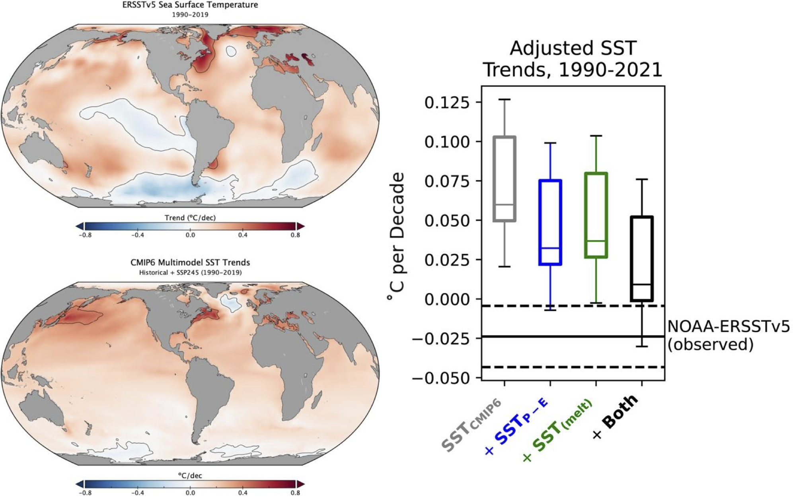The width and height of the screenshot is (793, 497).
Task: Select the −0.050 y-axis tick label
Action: [x=441, y=378]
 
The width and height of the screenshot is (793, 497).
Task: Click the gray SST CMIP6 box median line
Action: [x=505, y=204]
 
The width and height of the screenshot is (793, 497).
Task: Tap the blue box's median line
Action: [x=550, y=248]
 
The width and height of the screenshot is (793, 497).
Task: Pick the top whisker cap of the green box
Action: [x=596, y=136]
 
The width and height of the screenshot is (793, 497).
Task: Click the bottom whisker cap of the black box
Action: [x=642, y=346]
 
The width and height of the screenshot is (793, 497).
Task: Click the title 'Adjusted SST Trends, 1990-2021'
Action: [x=573, y=59]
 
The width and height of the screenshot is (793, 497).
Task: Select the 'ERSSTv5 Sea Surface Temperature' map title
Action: [x=190, y=5]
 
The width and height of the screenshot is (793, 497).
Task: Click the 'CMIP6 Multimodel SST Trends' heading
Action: [x=190, y=262]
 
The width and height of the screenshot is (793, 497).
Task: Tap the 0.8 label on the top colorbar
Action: [x=295, y=235]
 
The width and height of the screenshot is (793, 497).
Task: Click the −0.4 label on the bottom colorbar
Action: [x=138, y=493]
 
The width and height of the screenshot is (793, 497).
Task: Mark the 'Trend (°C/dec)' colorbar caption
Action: [x=190, y=217]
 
